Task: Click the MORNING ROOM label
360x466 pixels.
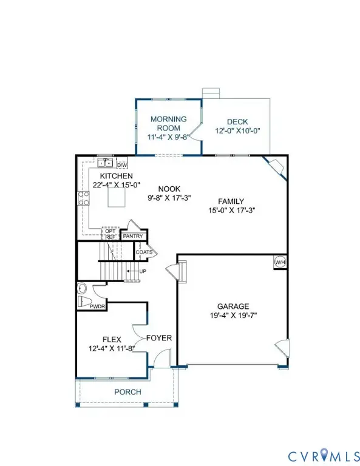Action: [168, 123]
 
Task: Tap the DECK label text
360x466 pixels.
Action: [238, 122]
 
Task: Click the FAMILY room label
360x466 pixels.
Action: [231, 201]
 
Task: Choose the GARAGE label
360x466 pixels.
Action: [233, 306]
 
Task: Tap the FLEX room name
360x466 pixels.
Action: [114, 340]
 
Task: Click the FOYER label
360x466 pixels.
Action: [159, 338]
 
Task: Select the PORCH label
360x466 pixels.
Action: [128, 392]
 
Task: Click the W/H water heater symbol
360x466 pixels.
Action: [280, 262]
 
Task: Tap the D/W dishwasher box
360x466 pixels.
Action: [121, 164]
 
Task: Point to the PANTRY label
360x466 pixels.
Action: [132, 236]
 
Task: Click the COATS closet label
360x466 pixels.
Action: [144, 252]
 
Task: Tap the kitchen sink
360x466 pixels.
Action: [106, 163]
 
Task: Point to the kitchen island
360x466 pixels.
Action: [115, 198]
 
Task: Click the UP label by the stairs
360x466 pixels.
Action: [143, 271]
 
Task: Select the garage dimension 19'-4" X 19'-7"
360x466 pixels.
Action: [233, 316]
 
